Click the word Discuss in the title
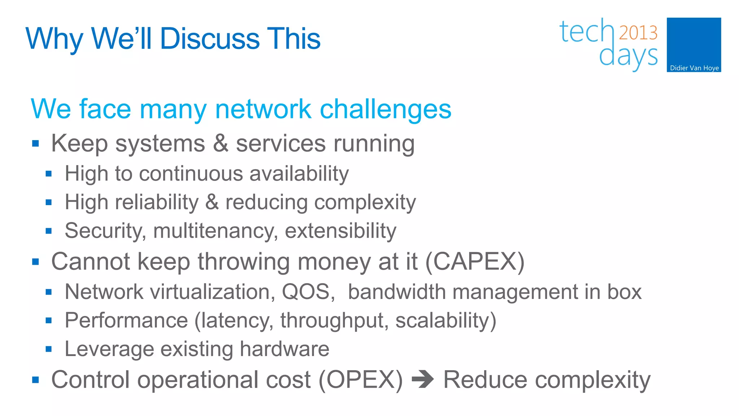pyautogui.click(x=210, y=39)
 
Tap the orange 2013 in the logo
pyautogui.click(x=638, y=33)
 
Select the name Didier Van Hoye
pyautogui.click(x=694, y=68)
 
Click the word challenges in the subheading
pyautogui.click(x=385, y=109)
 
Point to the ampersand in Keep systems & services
pyautogui.click(x=220, y=143)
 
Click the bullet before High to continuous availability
pyautogui.click(x=49, y=174)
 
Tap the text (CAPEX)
pyautogui.click(x=475, y=261)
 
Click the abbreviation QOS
pyautogui.click(x=308, y=292)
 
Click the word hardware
pyautogui.click(x=284, y=349)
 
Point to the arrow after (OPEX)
pyautogui.click(x=423, y=380)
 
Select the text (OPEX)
pyautogui.click(x=360, y=380)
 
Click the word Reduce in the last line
pyautogui.click(x=485, y=380)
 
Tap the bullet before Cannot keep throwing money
pyautogui.click(x=35, y=262)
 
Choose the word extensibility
pyautogui.click(x=340, y=231)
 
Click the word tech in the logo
pyautogui.click(x=586, y=32)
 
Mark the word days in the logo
pyautogui.click(x=628, y=57)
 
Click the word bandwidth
pyautogui.click(x=397, y=292)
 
